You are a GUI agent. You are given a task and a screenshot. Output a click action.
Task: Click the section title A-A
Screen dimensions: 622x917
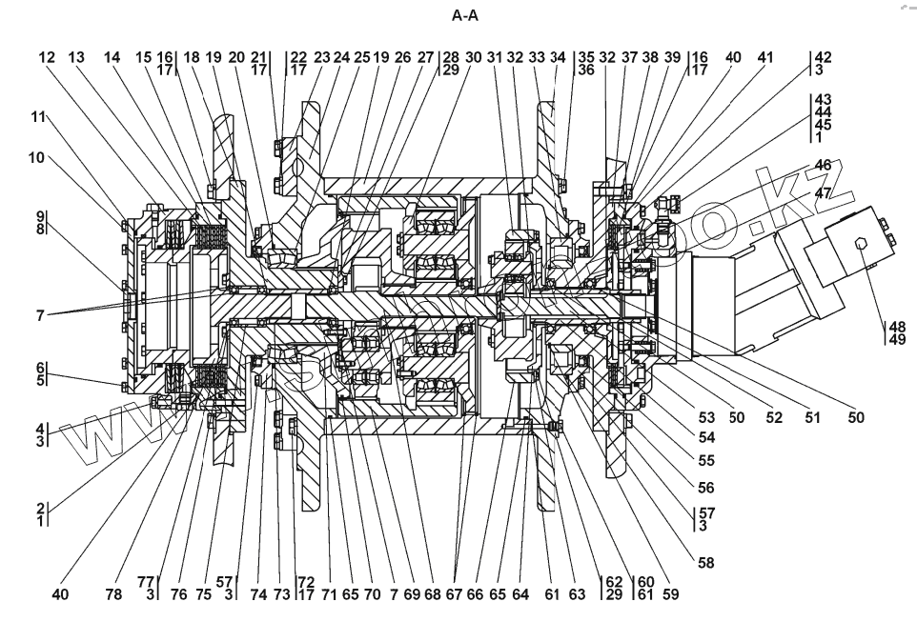click(x=464, y=16)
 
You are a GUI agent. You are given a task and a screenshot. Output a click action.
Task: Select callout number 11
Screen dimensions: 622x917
click(x=37, y=117)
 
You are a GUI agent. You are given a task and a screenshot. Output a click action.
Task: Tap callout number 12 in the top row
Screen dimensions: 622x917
click(x=46, y=57)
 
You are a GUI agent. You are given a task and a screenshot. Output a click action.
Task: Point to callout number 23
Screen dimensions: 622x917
click(x=321, y=57)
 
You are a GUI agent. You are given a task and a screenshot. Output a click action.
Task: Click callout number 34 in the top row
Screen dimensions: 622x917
click(x=559, y=57)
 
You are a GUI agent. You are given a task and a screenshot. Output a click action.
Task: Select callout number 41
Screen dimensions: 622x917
click(x=764, y=57)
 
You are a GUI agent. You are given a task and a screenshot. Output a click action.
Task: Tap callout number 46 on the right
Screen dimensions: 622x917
click(x=824, y=165)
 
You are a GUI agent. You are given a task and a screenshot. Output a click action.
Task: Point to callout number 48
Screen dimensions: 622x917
click(x=896, y=325)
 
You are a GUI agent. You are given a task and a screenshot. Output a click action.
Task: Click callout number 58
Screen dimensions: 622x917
click(x=705, y=563)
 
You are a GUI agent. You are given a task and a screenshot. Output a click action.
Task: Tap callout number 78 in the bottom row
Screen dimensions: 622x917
click(x=113, y=595)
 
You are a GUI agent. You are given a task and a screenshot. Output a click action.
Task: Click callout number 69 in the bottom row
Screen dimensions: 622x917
click(x=411, y=595)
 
